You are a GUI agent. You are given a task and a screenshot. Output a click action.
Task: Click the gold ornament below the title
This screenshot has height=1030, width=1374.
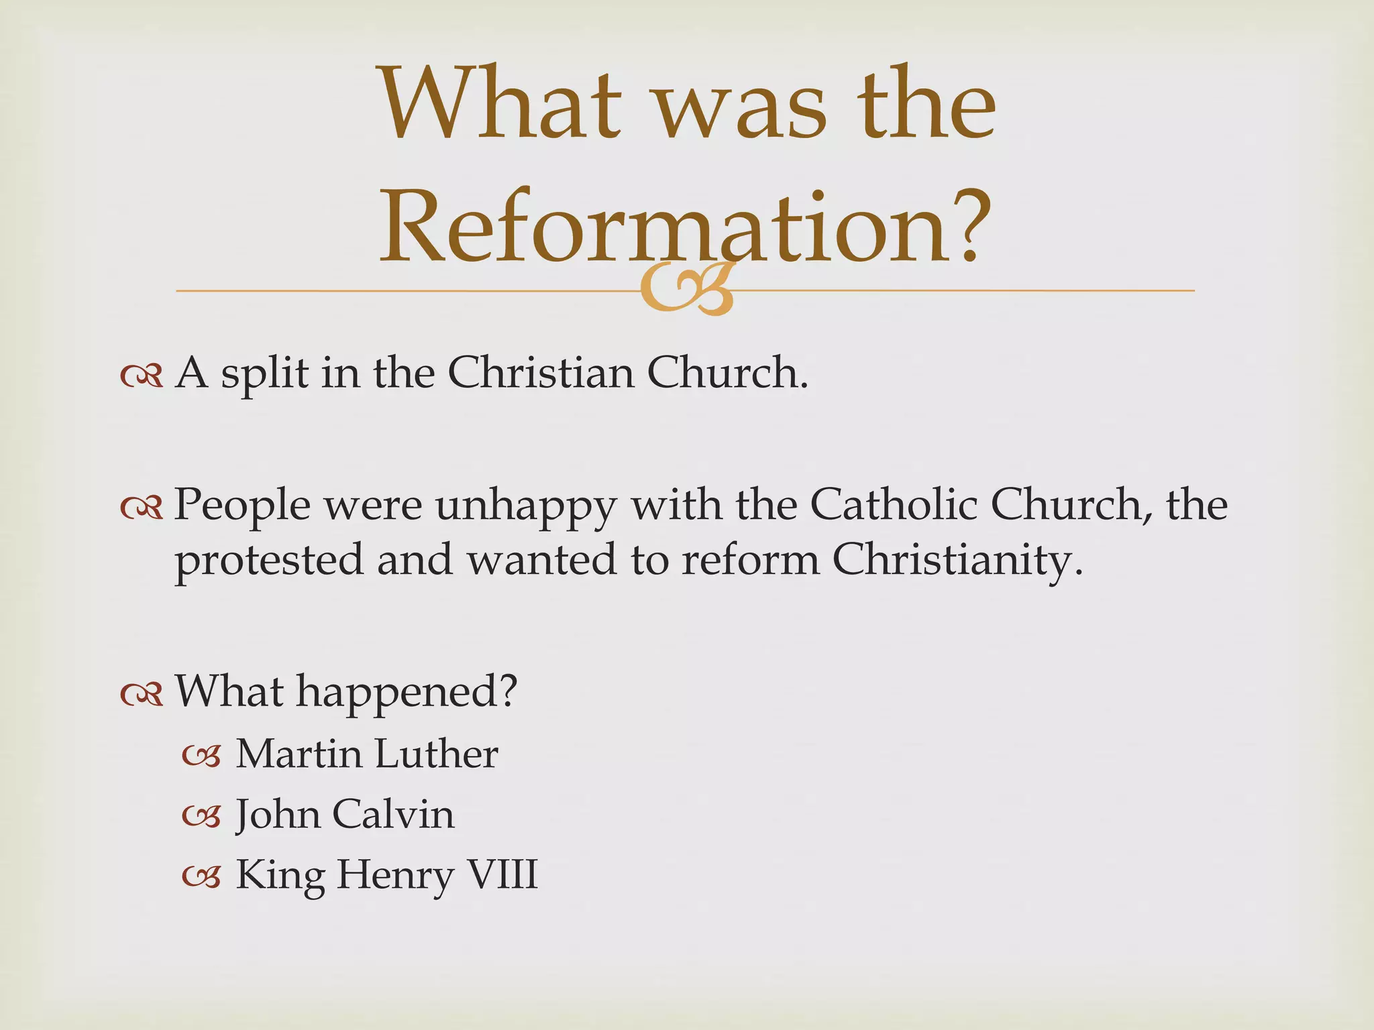coord(686,290)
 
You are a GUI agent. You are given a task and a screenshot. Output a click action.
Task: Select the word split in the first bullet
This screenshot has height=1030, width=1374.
coord(264,374)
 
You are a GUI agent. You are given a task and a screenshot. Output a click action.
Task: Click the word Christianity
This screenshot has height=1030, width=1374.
coord(957,561)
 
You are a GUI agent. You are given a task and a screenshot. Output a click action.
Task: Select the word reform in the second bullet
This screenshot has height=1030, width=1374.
coord(750,559)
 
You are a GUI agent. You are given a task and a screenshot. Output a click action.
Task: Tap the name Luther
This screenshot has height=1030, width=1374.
coord(436,754)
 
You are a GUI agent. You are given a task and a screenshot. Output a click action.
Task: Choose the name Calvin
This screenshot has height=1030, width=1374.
coord(393,814)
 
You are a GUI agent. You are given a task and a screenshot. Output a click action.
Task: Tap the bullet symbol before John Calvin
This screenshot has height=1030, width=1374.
coord(201,817)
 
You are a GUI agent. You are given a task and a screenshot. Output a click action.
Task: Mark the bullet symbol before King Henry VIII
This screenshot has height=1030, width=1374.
coord(201,876)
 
